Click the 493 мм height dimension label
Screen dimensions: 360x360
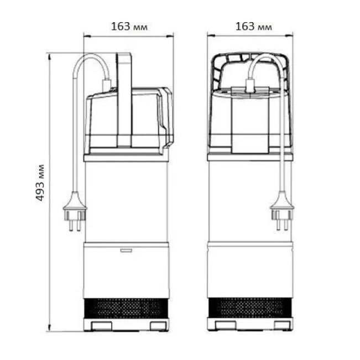tap(40, 182)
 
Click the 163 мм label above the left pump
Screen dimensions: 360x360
tap(129, 27)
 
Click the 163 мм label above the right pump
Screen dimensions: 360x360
tap(254, 27)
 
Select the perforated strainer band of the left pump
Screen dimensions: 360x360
tap(126, 308)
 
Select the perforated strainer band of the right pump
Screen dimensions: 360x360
tap(251, 307)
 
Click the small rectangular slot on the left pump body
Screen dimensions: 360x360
tap(126, 251)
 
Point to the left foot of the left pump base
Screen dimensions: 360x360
tap(102, 326)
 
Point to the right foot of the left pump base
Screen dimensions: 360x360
tap(158, 326)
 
